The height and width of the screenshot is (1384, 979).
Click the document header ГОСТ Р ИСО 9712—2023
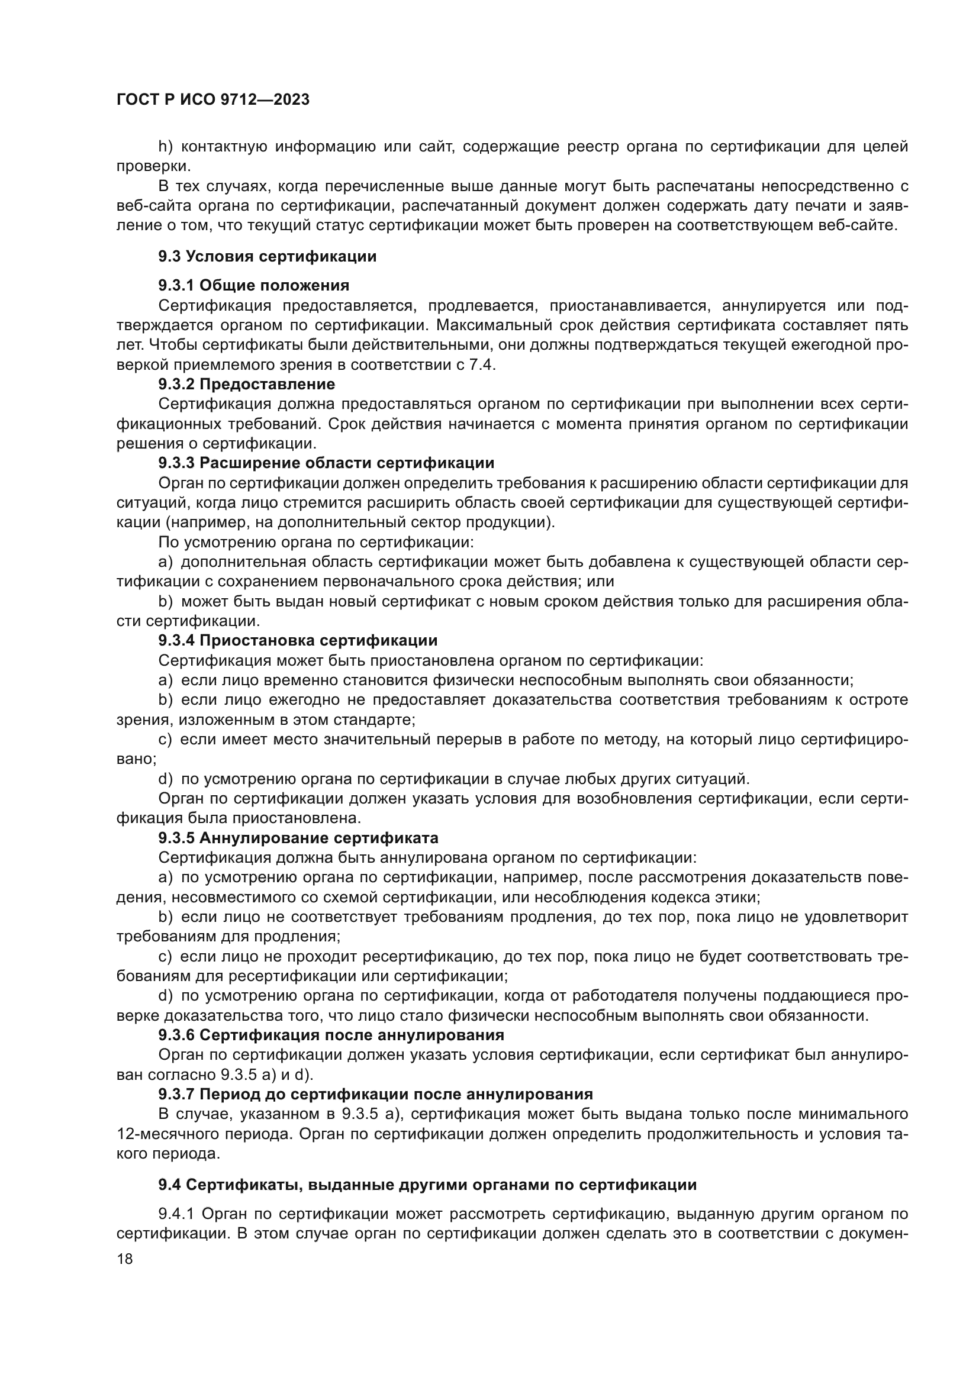pyautogui.click(x=213, y=100)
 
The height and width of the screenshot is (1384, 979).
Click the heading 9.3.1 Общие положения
pyautogui.click(x=254, y=285)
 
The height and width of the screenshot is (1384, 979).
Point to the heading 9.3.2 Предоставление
pyautogui.click(x=247, y=384)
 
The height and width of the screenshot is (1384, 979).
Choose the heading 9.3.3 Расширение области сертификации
pyautogui.click(x=326, y=463)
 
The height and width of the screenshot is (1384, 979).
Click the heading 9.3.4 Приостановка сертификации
pyautogui.click(x=298, y=640)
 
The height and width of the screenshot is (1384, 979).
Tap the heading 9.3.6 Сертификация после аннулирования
pyautogui.click(x=331, y=1035)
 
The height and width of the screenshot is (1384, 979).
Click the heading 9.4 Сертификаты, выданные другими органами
pyautogui.click(x=427, y=1185)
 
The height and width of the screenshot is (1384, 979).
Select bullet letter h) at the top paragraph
pyautogui.click(x=165, y=147)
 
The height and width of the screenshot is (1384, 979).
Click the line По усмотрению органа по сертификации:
pyautogui.click(x=316, y=542)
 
